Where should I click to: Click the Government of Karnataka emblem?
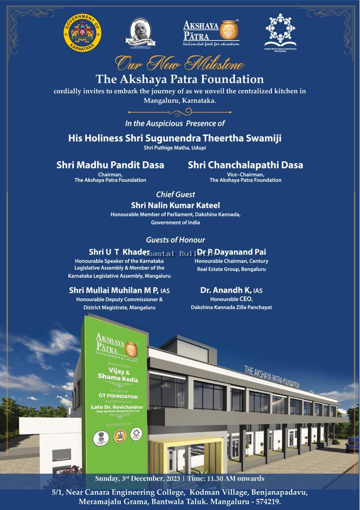(82, 33)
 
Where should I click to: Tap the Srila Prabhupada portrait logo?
(141, 33)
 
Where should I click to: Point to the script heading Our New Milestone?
(180, 64)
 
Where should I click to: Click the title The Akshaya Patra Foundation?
(180, 79)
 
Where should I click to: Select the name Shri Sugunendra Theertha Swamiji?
(175, 138)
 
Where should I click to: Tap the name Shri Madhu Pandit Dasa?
(110, 165)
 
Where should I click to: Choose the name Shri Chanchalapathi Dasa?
(245, 165)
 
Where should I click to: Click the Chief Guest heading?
(176, 194)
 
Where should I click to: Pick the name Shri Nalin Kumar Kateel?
(175, 205)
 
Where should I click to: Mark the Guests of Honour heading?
(175, 240)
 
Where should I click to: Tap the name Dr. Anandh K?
(231, 290)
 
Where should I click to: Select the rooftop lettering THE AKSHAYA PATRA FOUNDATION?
(271, 377)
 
